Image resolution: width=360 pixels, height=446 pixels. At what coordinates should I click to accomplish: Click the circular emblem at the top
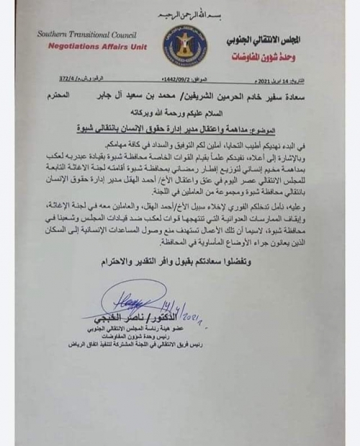(186, 45)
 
